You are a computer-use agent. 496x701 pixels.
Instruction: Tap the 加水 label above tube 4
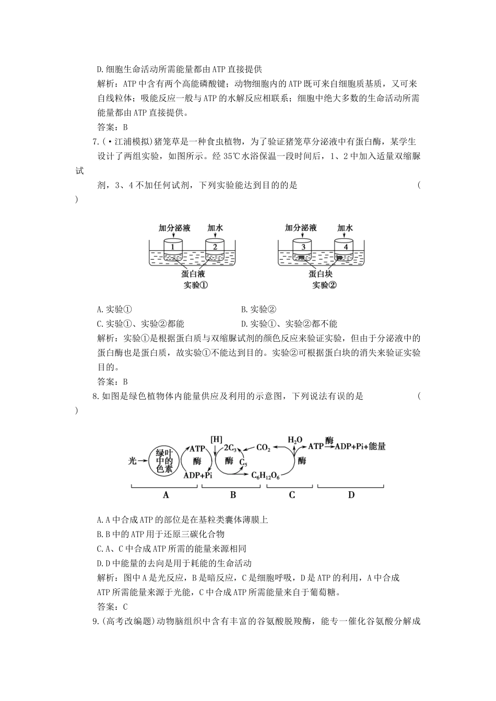(345, 228)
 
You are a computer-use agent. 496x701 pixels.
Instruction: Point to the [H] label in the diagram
(216, 439)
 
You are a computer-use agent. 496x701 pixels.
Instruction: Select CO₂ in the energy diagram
(264, 448)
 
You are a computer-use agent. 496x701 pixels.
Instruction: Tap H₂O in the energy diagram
(296, 440)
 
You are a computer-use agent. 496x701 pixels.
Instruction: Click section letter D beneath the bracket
(351, 494)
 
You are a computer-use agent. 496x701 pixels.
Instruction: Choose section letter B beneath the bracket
(233, 494)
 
